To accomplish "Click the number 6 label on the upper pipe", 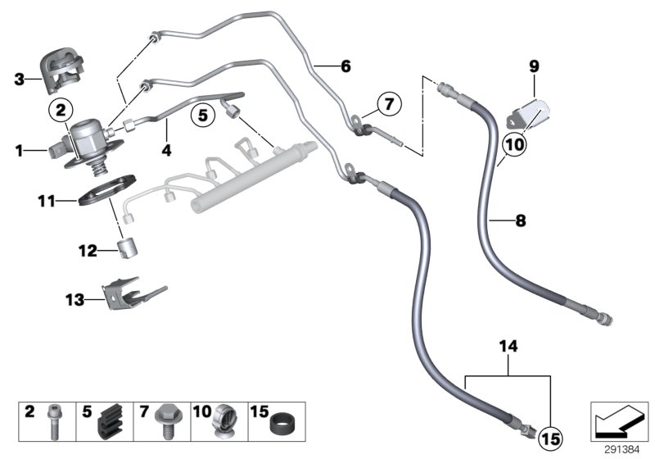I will click(345, 66).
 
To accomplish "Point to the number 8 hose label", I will click(520, 220).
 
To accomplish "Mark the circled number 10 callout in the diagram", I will click(512, 144).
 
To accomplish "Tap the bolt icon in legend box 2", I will click(55, 424).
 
